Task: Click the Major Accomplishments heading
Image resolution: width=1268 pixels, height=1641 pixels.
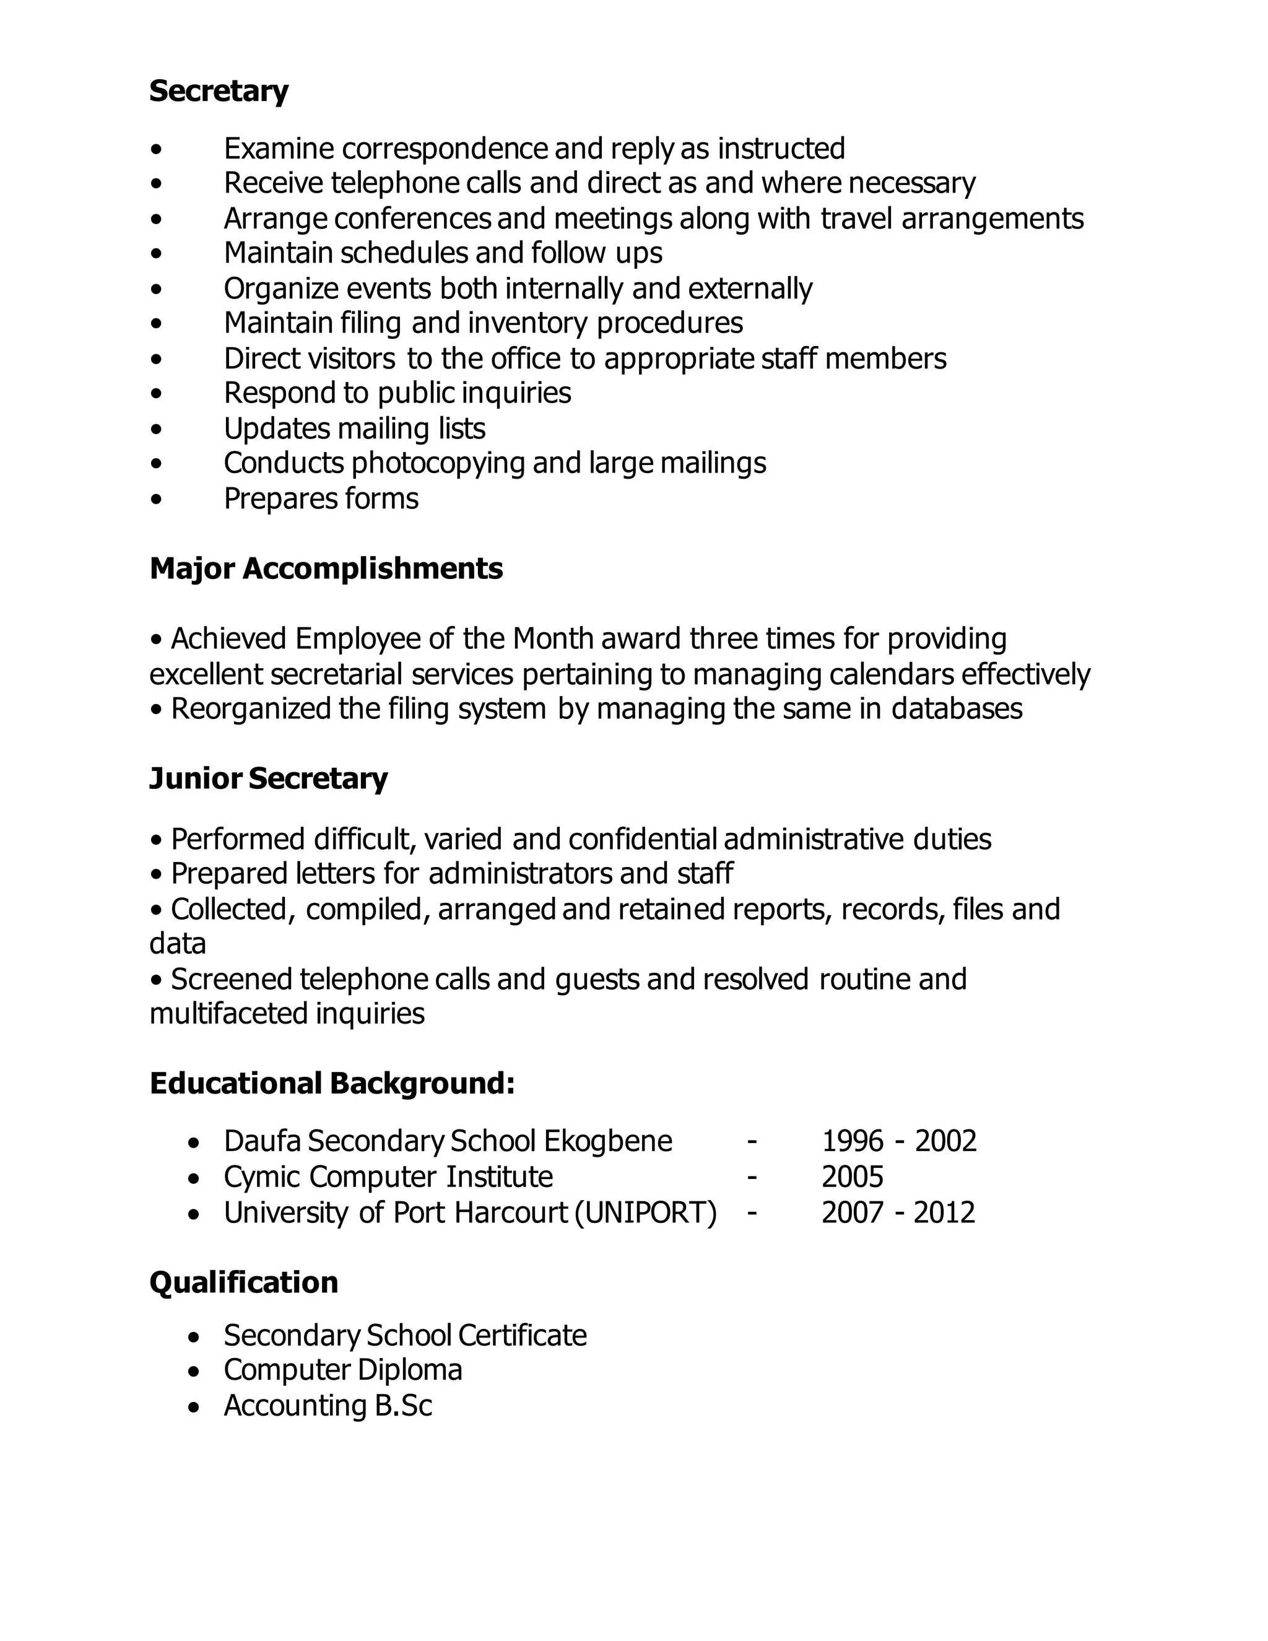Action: [326, 569]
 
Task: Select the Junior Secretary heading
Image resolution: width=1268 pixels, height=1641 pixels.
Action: [268, 778]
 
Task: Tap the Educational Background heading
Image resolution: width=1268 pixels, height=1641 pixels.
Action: [332, 1084]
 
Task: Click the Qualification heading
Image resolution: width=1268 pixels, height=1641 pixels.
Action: [243, 1282]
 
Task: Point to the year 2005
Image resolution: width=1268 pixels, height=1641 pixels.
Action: [852, 1177]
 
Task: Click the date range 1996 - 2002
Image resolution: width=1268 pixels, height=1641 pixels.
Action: [898, 1141]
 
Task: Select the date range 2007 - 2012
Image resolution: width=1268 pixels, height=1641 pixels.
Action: [898, 1212]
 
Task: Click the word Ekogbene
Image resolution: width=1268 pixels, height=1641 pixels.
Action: [608, 1141]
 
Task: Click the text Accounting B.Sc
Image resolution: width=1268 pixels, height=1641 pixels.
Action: [328, 1406]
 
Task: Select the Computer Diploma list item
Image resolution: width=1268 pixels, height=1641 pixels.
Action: [342, 1370]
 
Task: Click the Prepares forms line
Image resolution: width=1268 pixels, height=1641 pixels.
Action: [321, 499]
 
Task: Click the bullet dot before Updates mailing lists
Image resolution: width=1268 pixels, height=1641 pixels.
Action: [155, 429]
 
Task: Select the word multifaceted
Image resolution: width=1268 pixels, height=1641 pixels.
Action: [228, 1014]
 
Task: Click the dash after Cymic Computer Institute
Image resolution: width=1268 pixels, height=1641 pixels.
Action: [752, 1177]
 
